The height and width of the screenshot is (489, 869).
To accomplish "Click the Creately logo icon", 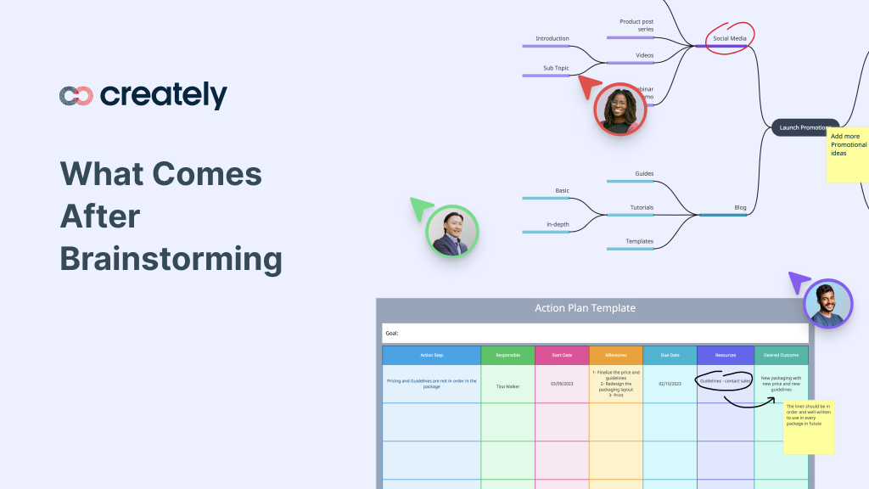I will click(x=76, y=96).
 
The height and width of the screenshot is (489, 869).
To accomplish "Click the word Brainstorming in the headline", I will click(x=171, y=259).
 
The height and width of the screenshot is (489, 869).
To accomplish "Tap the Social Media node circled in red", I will click(x=729, y=39).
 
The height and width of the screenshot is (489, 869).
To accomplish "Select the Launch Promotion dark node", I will click(x=803, y=128).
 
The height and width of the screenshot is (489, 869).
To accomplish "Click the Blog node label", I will click(x=740, y=207).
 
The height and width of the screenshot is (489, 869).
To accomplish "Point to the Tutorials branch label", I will click(x=642, y=207).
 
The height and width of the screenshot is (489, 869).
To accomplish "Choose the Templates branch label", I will click(x=640, y=241).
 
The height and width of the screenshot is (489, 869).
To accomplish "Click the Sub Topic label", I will click(x=556, y=68).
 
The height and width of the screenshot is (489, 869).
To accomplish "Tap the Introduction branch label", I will click(x=552, y=38).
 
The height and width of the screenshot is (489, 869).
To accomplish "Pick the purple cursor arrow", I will click(x=799, y=282).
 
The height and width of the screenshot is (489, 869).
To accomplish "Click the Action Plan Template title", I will click(x=585, y=308).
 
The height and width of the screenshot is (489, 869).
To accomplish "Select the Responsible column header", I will click(x=507, y=356).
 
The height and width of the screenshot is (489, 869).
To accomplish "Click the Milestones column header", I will click(x=615, y=356).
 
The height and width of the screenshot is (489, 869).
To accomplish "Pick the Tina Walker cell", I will click(x=507, y=385).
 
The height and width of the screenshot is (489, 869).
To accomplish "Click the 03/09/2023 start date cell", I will click(x=561, y=384).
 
